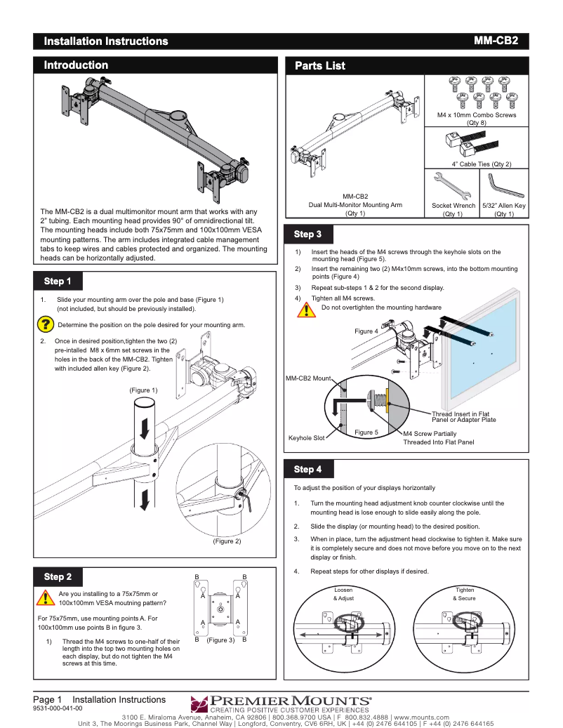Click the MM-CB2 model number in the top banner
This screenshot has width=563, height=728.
point(496,41)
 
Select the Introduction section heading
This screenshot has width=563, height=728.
point(76,65)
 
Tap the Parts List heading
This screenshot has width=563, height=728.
point(319,66)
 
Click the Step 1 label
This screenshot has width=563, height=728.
point(58,282)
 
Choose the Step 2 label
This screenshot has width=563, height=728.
point(58,577)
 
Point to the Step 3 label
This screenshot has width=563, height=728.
point(307,234)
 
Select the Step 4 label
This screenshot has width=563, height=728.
point(307,469)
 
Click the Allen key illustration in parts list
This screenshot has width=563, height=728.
point(503,185)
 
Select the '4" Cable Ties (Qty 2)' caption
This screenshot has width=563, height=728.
point(481,164)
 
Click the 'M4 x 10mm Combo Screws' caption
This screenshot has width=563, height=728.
point(476,114)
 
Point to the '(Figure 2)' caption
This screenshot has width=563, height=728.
point(227,541)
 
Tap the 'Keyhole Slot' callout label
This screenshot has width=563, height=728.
point(306,438)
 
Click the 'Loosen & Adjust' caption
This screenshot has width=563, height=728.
point(343,595)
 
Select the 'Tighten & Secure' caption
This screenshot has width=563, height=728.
point(464,595)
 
